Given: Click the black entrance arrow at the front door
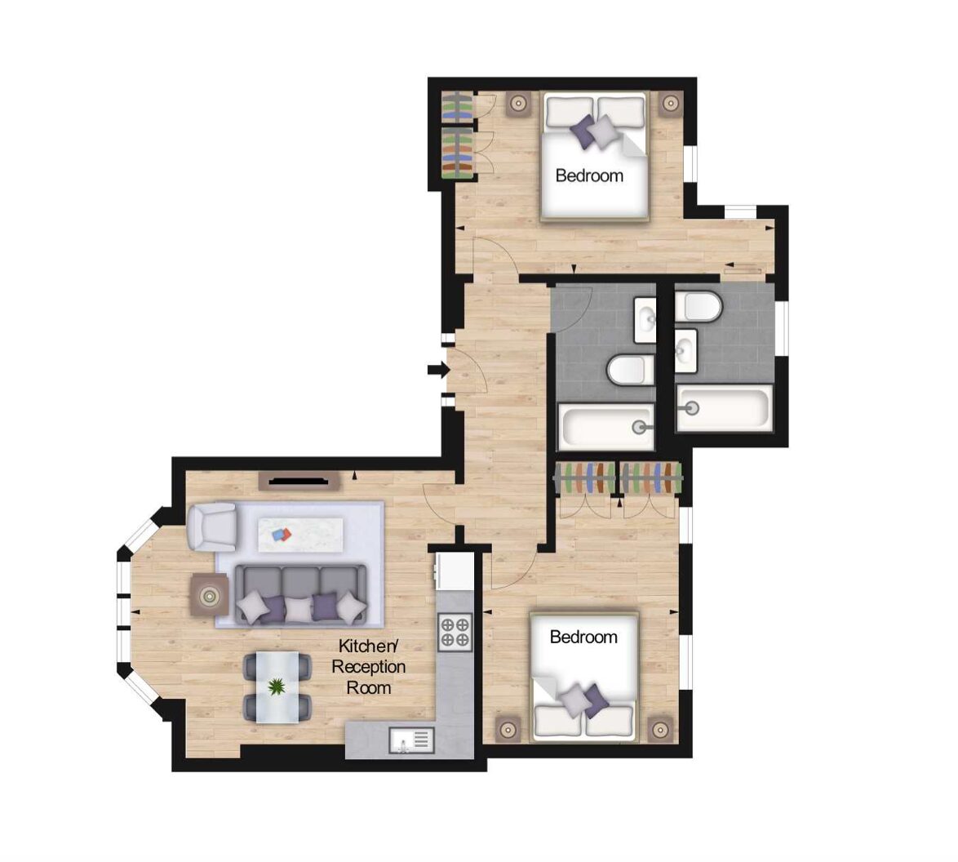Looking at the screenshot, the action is (x=438, y=369).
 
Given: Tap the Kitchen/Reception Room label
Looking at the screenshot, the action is (x=368, y=666).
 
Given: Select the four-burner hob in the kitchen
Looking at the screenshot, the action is (x=455, y=632).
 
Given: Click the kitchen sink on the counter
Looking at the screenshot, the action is (x=412, y=740).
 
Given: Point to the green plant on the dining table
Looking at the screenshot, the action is (x=277, y=687).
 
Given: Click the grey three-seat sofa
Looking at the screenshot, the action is (x=300, y=594).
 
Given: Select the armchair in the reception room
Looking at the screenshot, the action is (x=212, y=527).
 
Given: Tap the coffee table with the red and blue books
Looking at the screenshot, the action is (x=300, y=535).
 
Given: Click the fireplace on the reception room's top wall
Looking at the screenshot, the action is (x=299, y=481).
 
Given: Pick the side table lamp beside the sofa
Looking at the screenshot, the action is (x=210, y=595).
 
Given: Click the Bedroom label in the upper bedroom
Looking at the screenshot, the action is (x=589, y=176).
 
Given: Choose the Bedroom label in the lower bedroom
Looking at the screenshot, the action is (x=583, y=637).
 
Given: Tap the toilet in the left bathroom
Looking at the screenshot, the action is (x=628, y=371).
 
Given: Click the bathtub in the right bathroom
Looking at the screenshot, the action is (x=724, y=408).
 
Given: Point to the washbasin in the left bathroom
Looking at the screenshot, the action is (x=645, y=320).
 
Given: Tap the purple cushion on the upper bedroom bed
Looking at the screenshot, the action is (x=583, y=131).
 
